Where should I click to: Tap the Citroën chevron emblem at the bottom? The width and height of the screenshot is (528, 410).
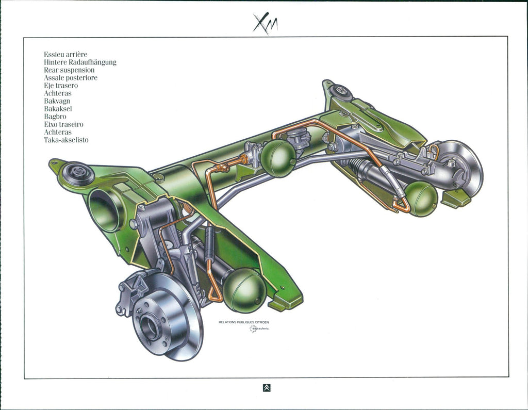point(267,388)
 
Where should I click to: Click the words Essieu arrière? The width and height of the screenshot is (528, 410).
point(65,54)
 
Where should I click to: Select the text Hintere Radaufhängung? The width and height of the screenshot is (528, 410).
point(80,62)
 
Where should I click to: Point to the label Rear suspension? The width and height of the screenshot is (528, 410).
point(69,70)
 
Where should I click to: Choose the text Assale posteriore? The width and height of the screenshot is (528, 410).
point(71,77)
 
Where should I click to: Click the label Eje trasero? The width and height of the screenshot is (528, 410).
point(61,85)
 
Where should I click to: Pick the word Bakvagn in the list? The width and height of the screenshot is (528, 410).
point(57,101)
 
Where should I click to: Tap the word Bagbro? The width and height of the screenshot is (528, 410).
point(55,117)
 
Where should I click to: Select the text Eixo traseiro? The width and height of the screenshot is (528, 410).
point(63,124)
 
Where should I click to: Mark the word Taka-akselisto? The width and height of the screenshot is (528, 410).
point(66,140)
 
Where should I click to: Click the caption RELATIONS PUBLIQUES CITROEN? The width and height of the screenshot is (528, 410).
point(243,322)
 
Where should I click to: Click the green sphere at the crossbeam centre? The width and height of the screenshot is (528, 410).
point(278,158)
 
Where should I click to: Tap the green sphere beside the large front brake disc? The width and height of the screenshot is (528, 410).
point(244,290)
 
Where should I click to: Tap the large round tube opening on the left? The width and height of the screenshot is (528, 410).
point(105,210)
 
